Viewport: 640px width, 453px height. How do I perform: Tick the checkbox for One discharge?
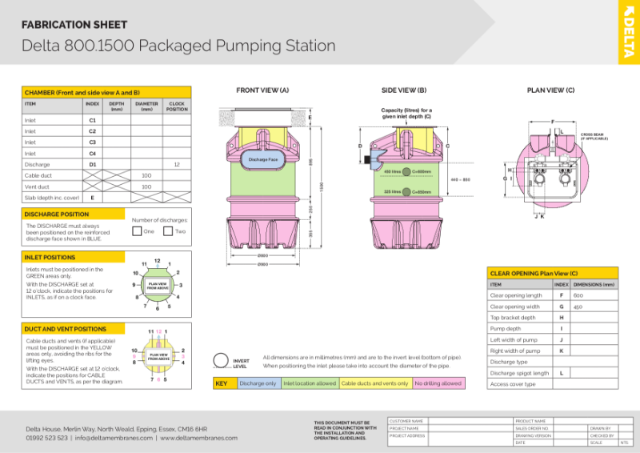click(137, 231)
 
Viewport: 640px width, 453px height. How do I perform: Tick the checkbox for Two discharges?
click(168, 231)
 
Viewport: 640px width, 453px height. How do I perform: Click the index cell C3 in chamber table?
click(92, 142)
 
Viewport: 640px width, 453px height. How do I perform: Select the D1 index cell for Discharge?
click(92, 164)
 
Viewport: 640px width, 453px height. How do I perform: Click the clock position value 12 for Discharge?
click(176, 164)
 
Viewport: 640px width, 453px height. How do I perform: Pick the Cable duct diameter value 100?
click(146, 175)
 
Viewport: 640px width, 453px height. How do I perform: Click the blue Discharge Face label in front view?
click(262, 160)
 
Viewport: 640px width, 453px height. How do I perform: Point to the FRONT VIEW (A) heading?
click(262, 90)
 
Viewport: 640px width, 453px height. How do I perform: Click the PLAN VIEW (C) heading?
click(550, 90)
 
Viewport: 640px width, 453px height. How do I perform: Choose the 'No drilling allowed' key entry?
click(438, 383)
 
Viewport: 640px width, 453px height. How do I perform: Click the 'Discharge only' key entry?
click(258, 383)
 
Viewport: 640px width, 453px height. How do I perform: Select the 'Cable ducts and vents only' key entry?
click(374, 383)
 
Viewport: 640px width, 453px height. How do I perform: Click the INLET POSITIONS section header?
click(50, 258)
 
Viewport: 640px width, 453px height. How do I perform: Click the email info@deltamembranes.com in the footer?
click(114, 438)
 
